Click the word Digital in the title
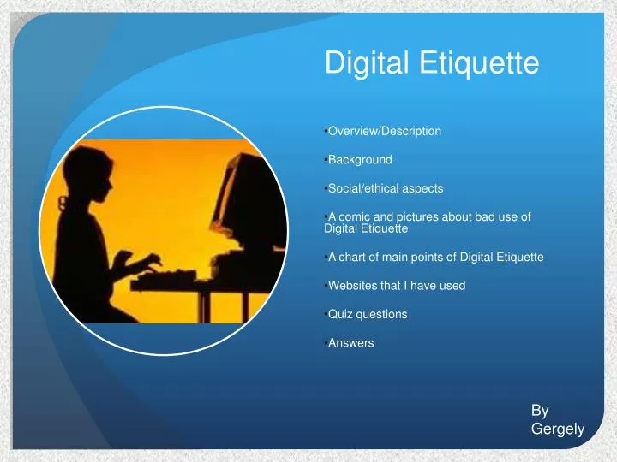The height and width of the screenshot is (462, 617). tap(360, 63)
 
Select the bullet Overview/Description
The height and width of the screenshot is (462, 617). tap(384, 132)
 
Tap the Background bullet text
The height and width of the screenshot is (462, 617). tap(360, 160)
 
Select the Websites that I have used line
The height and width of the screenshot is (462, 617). tap(397, 286)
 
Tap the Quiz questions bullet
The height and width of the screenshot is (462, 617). tap(368, 314)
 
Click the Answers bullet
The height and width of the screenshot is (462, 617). tap(351, 343)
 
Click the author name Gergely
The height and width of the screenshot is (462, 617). tap(557, 429)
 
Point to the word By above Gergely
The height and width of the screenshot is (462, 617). tap(540, 411)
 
